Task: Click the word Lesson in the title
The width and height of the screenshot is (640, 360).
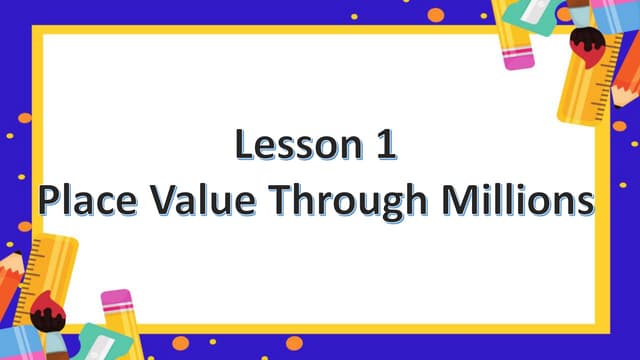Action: [x=291, y=146]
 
